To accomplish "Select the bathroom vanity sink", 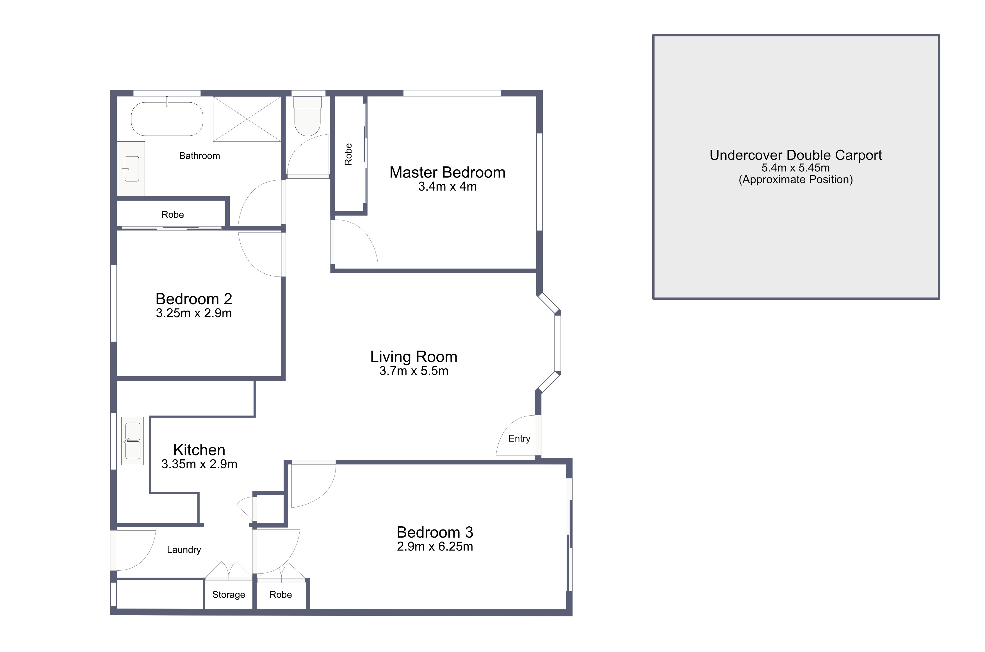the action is tap(132, 169).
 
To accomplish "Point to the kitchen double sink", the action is tap(132, 441).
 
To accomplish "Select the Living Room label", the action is tap(414, 357).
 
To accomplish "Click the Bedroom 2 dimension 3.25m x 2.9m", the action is tap(193, 313).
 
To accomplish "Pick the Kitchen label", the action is tap(199, 450).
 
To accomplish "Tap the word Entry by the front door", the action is tap(519, 439).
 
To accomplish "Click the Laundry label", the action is tap(184, 550).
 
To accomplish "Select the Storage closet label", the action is tap(229, 595).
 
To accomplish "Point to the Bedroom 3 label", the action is tap(435, 532).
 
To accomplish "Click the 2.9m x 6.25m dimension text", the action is tap(435, 546).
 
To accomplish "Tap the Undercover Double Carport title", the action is tap(795, 155).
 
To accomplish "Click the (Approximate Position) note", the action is tap(795, 180).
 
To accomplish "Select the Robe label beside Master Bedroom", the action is tap(348, 154).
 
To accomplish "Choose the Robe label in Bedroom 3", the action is tap(281, 595).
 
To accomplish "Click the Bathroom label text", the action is tap(199, 156).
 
